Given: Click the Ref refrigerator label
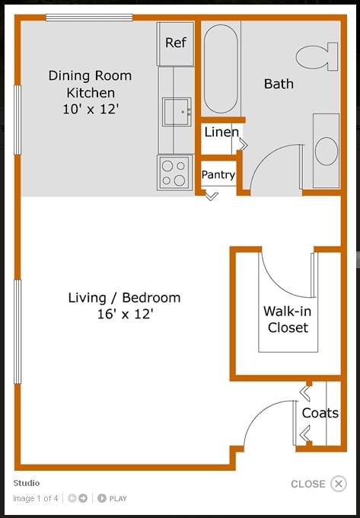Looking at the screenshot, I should click(x=176, y=43).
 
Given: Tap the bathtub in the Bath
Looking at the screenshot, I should click(x=221, y=69).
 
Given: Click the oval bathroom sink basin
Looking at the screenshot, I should click(x=327, y=150).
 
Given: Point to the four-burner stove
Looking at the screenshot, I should click(x=174, y=172).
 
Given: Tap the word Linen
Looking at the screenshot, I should click(x=221, y=133).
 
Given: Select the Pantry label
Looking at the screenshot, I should click(x=218, y=175).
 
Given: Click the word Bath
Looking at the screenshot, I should click(x=279, y=84).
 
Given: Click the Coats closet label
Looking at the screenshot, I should click(x=320, y=413).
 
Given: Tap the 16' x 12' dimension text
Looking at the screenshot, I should click(x=124, y=314).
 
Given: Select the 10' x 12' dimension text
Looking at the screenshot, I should click(x=90, y=109).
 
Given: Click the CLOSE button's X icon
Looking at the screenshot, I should click(x=339, y=484).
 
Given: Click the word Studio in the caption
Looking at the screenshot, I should click(x=27, y=483).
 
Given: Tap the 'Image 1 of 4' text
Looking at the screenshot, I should click(x=35, y=499).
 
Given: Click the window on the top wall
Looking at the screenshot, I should click(x=89, y=18).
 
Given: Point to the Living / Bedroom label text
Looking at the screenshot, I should click(x=124, y=298).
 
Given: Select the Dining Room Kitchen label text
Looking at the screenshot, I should click(x=90, y=84).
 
